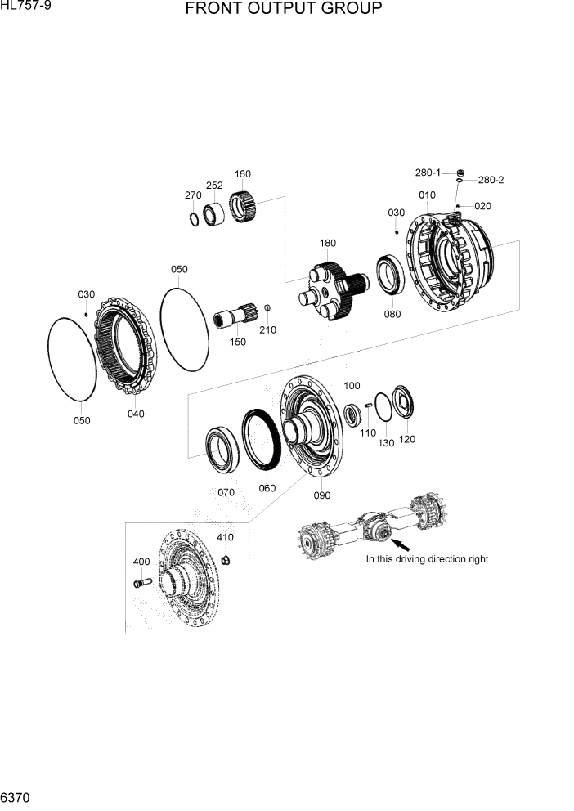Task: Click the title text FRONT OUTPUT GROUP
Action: tap(283, 10)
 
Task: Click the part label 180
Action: tap(328, 243)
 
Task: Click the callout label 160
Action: tap(243, 174)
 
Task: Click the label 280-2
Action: tap(491, 180)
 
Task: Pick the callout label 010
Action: tap(427, 195)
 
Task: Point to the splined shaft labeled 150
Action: tap(235, 316)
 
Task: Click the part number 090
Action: tap(321, 495)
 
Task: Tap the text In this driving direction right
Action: tap(427, 559)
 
